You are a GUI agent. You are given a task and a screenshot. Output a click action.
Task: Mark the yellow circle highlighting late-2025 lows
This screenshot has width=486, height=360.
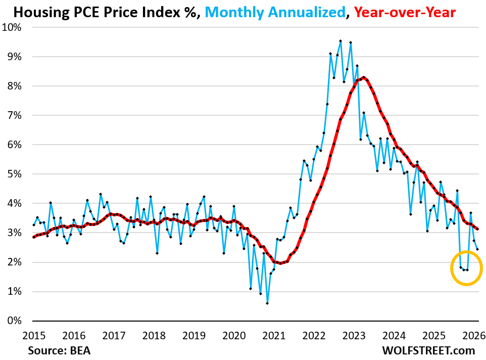point(466,268)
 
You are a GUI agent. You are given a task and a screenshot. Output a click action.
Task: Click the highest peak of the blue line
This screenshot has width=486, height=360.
point(340,41)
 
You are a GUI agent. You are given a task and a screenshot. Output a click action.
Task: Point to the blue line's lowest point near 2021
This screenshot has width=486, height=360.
point(267,303)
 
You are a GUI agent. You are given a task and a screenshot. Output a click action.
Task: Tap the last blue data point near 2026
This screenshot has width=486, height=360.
point(478,249)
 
